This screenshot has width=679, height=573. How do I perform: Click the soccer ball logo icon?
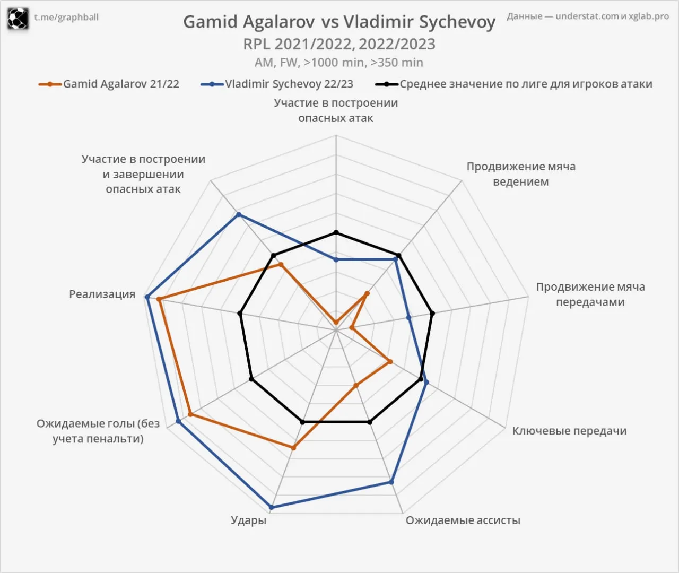18,19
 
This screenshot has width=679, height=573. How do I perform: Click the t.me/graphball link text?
66,17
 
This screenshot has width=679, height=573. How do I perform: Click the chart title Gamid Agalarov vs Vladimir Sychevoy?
339,22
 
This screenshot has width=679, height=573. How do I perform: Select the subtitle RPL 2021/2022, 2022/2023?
339,44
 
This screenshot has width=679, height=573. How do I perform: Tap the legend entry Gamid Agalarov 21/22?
109,84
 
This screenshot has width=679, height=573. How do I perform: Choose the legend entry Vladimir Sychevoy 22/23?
277,84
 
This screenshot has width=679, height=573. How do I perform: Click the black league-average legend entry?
514,84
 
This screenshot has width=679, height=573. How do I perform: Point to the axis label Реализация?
102,294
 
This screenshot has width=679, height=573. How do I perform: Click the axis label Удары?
248,520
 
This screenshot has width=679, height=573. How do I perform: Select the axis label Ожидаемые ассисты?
463,520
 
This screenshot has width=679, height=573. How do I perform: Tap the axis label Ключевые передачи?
569,431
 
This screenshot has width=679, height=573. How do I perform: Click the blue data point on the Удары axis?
272,507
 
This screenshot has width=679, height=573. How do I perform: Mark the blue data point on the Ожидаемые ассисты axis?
391,482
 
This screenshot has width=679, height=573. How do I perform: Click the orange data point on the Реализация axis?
159,299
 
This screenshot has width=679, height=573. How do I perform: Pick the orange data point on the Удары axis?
293,448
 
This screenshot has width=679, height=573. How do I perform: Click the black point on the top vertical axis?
336,233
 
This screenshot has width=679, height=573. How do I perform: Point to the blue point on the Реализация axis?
147,297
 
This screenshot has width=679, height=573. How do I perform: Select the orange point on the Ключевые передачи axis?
390,361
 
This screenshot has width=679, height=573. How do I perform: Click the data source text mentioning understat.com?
588,16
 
